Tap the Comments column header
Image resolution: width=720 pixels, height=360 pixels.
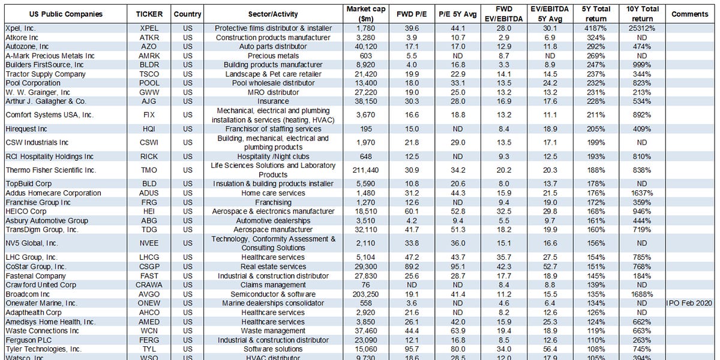689,14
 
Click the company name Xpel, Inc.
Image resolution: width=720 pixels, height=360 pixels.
21,28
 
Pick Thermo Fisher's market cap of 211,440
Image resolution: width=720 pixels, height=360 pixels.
366,170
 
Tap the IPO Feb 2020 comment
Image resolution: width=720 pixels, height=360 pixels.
689,303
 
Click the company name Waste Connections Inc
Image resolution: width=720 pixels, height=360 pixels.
42,331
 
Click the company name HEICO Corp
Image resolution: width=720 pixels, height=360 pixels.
26,211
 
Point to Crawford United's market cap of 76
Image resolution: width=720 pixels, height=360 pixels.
366,284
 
